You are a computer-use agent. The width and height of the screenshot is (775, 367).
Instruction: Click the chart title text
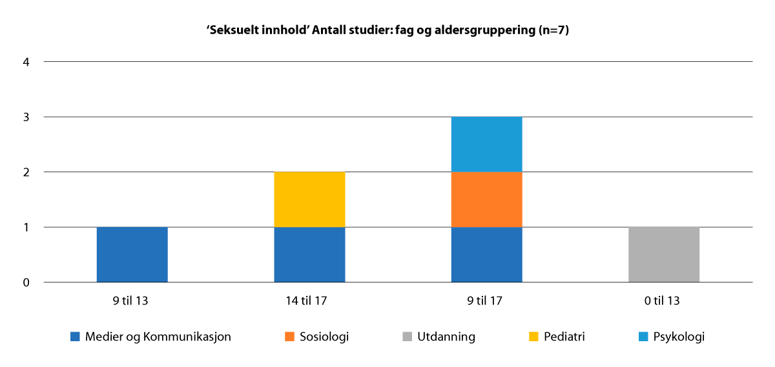coord(387,30)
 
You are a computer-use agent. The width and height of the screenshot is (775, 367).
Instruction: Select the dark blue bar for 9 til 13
coord(132,255)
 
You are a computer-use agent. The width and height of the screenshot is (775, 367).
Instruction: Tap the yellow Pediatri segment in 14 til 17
coord(309,199)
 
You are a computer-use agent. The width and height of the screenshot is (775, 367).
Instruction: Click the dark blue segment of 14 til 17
coord(309,255)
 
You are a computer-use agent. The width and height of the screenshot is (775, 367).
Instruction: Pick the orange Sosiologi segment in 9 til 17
coord(486,199)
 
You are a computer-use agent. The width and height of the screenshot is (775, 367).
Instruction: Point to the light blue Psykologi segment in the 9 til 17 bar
coord(486,144)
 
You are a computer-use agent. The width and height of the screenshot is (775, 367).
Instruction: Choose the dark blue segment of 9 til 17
coord(486,255)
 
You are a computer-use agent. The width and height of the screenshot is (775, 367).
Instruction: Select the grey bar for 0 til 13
coord(664,255)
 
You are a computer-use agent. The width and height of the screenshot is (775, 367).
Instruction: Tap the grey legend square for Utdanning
coord(408,337)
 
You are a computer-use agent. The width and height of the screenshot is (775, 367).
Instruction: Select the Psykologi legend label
coord(678,337)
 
